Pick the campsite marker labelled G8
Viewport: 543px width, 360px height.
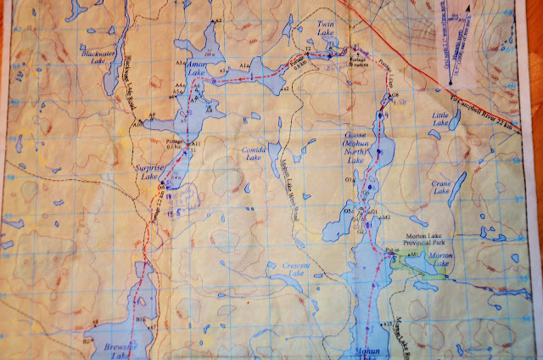pyautogui.click(x=393, y=96)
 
